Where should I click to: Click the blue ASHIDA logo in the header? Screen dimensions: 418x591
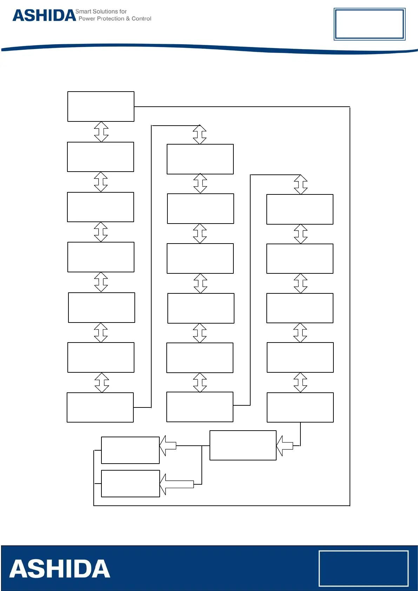point(44,16)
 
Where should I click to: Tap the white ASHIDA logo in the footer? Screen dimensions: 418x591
point(60,569)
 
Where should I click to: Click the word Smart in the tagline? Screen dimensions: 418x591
point(83,12)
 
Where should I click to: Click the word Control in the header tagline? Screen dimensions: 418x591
point(141,19)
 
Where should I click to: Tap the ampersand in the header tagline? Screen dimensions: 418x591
point(128,19)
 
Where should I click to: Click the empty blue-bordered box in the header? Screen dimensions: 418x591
point(369,24)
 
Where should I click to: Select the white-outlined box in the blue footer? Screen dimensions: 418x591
point(363,568)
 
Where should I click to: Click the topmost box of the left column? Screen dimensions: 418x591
point(101,107)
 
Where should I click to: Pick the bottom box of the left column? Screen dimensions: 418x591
point(100,407)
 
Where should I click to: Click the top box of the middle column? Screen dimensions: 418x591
point(200,159)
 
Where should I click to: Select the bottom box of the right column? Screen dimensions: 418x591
point(300,407)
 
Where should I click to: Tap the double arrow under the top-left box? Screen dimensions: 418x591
point(101,132)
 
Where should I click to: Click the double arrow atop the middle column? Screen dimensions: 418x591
point(200,134)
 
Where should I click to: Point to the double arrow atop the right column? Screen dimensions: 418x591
point(300,185)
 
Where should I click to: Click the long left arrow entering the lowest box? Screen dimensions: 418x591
point(177,484)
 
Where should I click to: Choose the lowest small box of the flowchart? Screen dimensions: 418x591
point(131,484)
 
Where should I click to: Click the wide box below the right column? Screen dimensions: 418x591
point(243,445)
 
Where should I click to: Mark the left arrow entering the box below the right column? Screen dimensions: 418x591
point(285,446)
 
